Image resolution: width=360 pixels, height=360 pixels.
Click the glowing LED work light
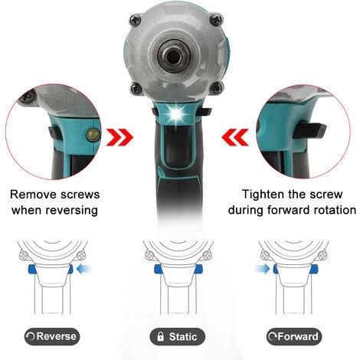coord(177,112)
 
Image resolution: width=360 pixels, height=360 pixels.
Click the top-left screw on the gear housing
coord(135,19)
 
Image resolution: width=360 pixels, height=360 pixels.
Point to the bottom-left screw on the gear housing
coord(136,88)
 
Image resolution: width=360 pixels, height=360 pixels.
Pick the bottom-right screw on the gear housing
coord(217,87)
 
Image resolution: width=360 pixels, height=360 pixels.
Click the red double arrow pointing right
coord(119,137)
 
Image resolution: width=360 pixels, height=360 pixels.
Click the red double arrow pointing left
coord(235,137)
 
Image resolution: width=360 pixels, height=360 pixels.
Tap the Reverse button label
coord(52,336)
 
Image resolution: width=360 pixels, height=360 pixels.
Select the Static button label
coord(178,336)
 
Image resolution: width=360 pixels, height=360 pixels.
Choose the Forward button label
coord(294,336)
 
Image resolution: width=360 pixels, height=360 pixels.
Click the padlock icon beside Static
coord(160,336)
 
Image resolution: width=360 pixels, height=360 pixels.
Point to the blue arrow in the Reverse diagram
coord(84,269)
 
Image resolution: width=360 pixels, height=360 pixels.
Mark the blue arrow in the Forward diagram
coord(262,269)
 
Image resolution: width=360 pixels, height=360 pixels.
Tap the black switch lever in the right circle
coord(309,130)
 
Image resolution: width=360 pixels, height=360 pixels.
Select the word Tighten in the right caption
coord(263,195)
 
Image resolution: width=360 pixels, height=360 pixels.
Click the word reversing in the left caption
coord(71,211)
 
